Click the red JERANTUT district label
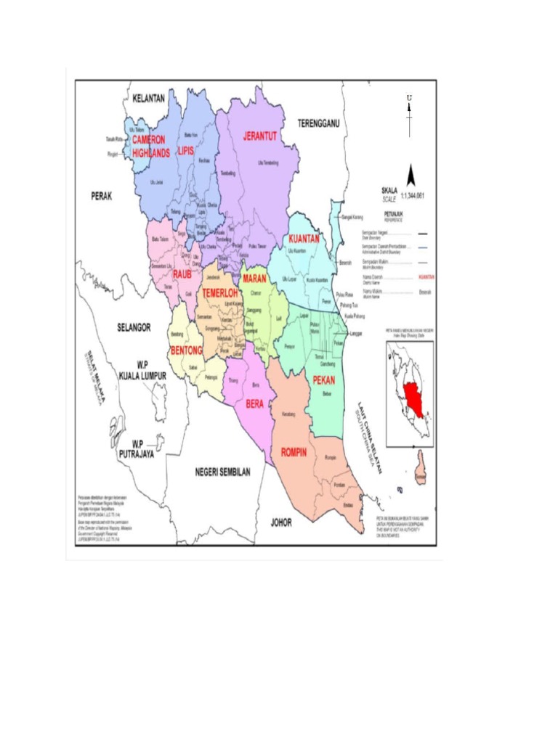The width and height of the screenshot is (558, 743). coord(260,136)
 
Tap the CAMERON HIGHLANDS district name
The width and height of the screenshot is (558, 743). coord(150,146)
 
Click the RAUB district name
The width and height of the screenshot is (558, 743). coord(182,274)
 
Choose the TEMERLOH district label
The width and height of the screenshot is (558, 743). coord(220,293)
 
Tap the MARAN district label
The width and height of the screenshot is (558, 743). coord(254,279)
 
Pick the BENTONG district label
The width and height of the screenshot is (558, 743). coord(186,350)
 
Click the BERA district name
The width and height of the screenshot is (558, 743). coord(254,403)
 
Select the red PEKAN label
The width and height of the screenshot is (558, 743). coord(324,379)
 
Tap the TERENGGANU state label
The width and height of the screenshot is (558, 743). coord(319,124)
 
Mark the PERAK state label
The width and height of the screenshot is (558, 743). coord(103,196)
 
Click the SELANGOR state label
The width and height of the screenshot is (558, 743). coord(134,328)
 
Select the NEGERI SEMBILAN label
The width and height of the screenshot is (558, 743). coord(222,472)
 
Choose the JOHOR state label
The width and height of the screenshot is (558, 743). coord(281,522)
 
